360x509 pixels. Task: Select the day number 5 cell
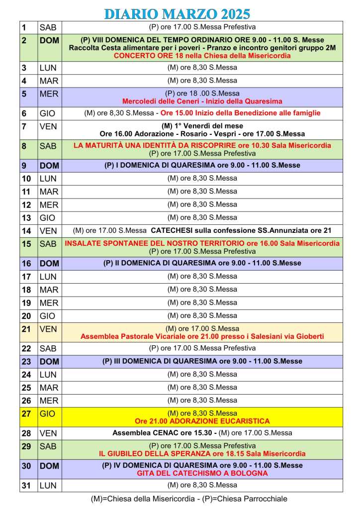click(x=28, y=94)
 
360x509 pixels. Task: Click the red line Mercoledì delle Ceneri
click(x=202, y=101)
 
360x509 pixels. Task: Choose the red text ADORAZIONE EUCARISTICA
click(x=202, y=421)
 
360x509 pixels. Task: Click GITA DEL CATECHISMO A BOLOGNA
click(x=202, y=473)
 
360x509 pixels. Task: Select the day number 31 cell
click(x=28, y=485)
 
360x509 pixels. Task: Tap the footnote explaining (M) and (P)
click(x=189, y=499)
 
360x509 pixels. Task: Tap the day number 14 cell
click(x=28, y=230)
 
